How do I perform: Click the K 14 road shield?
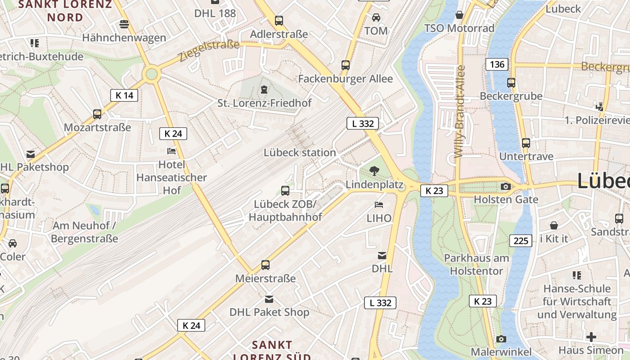click(x=124, y=95)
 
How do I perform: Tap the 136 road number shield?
click(x=497, y=64)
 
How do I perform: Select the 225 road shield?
click(x=521, y=241)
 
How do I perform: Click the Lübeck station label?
click(x=300, y=153)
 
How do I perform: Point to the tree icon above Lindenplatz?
click(x=373, y=171)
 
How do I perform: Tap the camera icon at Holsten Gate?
click(x=505, y=186)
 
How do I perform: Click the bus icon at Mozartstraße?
click(x=97, y=114)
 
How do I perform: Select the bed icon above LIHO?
click(x=379, y=205)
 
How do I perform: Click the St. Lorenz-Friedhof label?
click(x=265, y=103)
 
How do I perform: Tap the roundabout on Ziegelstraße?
click(x=152, y=74)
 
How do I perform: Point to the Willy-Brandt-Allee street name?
click(x=459, y=111)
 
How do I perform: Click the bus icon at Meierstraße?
click(x=265, y=265)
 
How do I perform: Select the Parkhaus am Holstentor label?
click(x=477, y=265)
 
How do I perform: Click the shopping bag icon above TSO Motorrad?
click(x=459, y=15)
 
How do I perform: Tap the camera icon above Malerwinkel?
click(x=501, y=339)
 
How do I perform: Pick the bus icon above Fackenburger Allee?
click(x=346, y=65)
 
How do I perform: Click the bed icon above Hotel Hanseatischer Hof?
click(x=171, y=151)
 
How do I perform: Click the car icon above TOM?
click(x=376, y=18)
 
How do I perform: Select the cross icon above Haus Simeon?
click(x=591, y=337)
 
